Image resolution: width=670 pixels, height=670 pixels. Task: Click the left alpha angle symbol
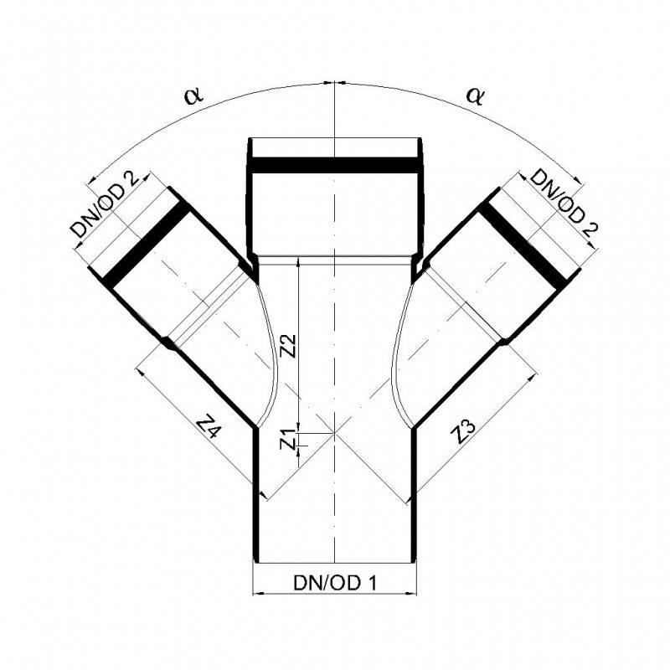194,95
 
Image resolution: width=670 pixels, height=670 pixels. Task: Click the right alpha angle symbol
476,95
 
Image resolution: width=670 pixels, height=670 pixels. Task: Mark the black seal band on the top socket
334,164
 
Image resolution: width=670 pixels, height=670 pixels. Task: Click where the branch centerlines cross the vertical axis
334,433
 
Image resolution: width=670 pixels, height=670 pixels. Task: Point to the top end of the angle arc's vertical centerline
334,82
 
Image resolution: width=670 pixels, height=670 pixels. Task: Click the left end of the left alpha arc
90,179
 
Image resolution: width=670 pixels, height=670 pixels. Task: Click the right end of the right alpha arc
580,179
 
